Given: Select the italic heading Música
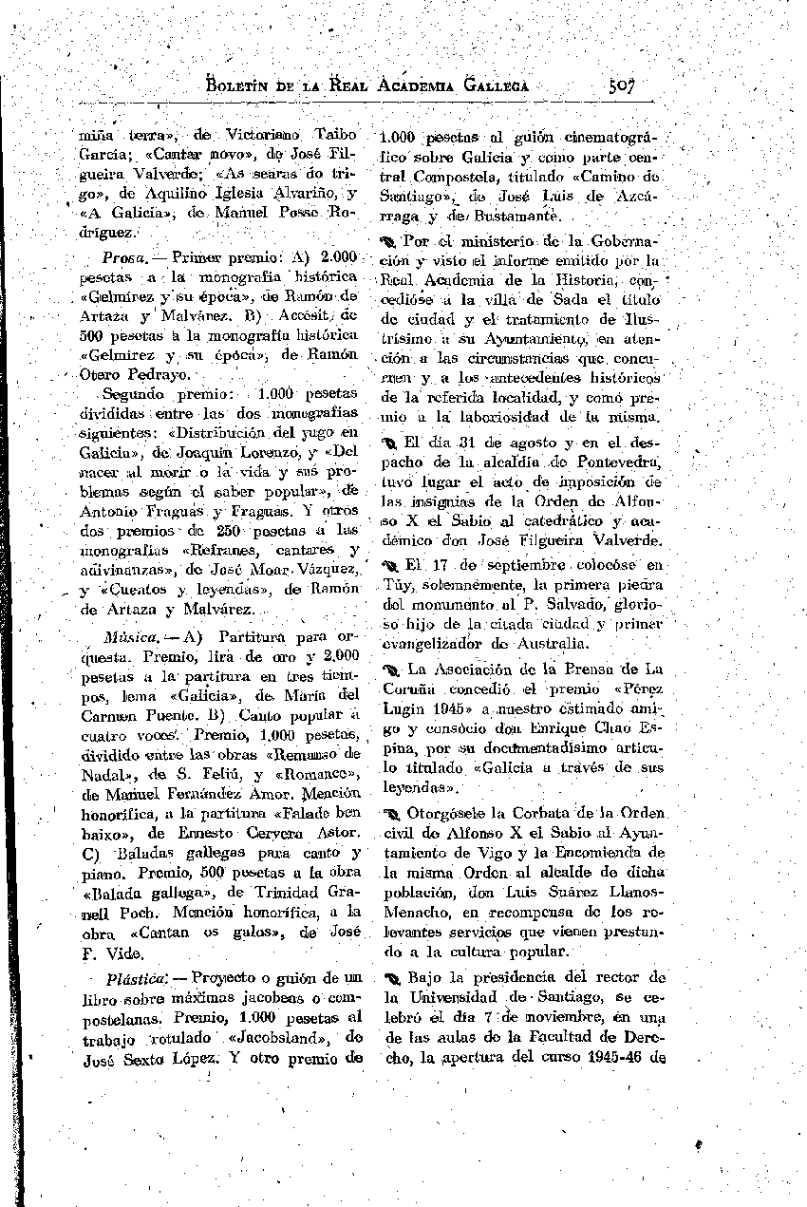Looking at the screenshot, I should tap(131, 635).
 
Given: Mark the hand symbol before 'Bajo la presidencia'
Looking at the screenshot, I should tap(392, 978).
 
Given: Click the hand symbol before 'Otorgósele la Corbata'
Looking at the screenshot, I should tap(392, 814).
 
